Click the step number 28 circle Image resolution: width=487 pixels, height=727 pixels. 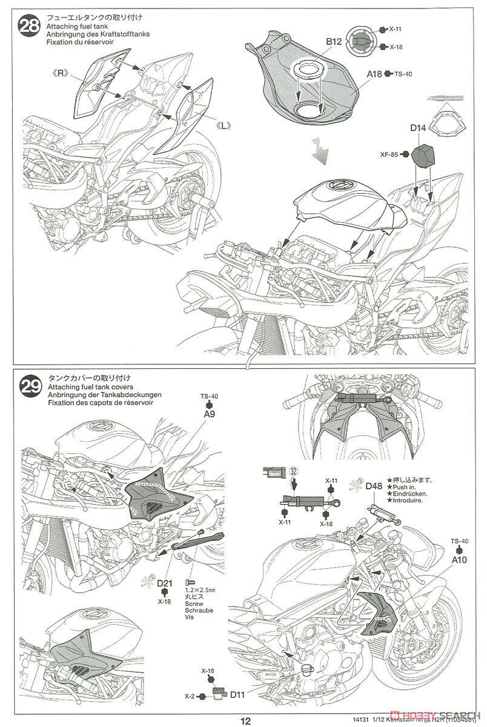point(28,27)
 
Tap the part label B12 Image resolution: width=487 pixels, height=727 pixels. point(334,41)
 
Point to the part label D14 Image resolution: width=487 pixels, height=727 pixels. point(419,128)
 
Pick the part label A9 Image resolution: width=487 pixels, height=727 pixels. point(209,416)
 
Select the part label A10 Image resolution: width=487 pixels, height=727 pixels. point(459,561)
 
